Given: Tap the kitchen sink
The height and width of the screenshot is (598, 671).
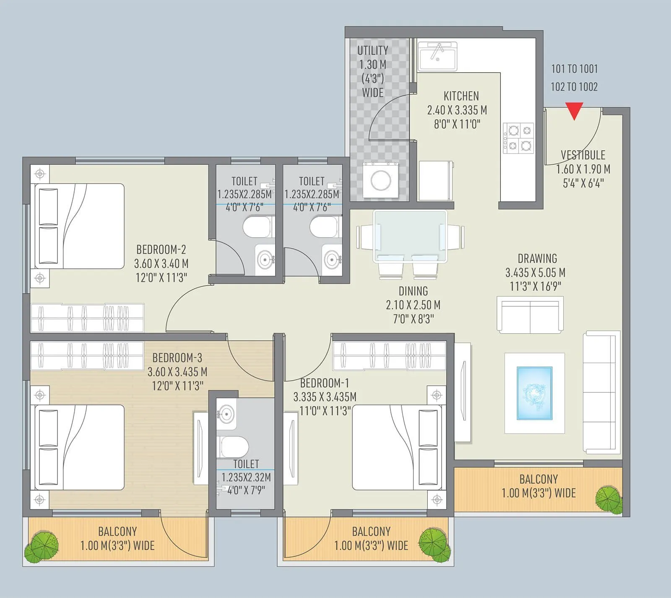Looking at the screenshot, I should point(437,55).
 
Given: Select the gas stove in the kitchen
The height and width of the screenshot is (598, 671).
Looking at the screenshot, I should point(519,138).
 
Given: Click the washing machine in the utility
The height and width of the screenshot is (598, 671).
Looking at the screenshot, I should point(381,180).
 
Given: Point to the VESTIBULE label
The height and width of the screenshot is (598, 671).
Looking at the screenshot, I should point(583,155).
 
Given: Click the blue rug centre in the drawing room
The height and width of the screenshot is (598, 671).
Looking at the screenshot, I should point(534,393).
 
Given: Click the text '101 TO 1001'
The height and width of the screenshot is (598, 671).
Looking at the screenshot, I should point(574,69).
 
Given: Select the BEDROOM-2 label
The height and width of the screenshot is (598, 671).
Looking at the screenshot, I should point(161,250).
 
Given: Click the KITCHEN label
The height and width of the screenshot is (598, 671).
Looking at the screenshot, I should point(461,96).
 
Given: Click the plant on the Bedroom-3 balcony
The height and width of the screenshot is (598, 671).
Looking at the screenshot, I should point(41,546).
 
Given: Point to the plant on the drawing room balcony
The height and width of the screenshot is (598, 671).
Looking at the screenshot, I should point(609,500).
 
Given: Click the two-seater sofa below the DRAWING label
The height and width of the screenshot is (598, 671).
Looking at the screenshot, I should point(530,315).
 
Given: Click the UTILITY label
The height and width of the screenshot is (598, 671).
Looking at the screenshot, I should point(372,50).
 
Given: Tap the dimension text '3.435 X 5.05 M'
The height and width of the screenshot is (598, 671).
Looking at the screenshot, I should point(535,273).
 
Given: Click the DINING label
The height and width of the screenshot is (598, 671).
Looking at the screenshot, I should point(413,291).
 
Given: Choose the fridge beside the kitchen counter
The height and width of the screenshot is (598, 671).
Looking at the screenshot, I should point(436,180).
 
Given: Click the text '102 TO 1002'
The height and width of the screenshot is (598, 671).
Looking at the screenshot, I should point(574,87).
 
